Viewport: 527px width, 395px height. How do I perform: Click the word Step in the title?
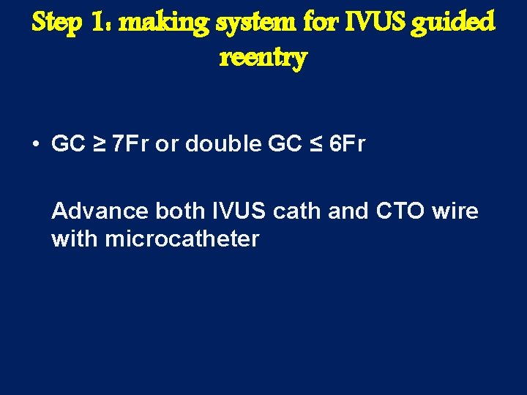[x=58, y=23]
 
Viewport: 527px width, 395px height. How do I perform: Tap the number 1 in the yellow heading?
[x=100, y=23]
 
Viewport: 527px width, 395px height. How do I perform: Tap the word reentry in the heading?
[x=263, y=57]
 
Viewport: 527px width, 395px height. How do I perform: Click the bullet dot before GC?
[x=36, y=144]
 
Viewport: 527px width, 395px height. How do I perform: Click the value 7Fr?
[x=130, y=144]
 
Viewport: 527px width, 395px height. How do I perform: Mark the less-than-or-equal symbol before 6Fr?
[x=316, y=144]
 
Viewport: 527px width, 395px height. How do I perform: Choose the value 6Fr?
[x=346, y=144]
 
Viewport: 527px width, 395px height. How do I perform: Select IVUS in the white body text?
[x=237, y=211]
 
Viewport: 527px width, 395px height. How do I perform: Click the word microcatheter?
[x=182, y=238]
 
